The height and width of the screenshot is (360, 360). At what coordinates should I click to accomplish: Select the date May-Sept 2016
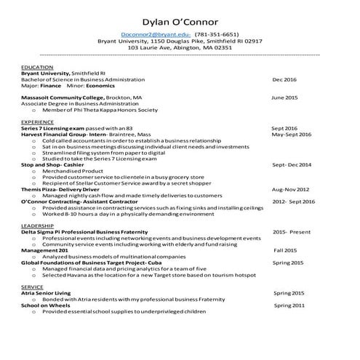click(291, 135)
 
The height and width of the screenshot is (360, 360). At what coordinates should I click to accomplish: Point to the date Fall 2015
click(285, 250)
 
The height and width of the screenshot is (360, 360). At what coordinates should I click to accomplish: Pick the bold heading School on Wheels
click(46, 305)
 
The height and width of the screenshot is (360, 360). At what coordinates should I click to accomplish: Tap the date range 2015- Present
click(291, 232)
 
